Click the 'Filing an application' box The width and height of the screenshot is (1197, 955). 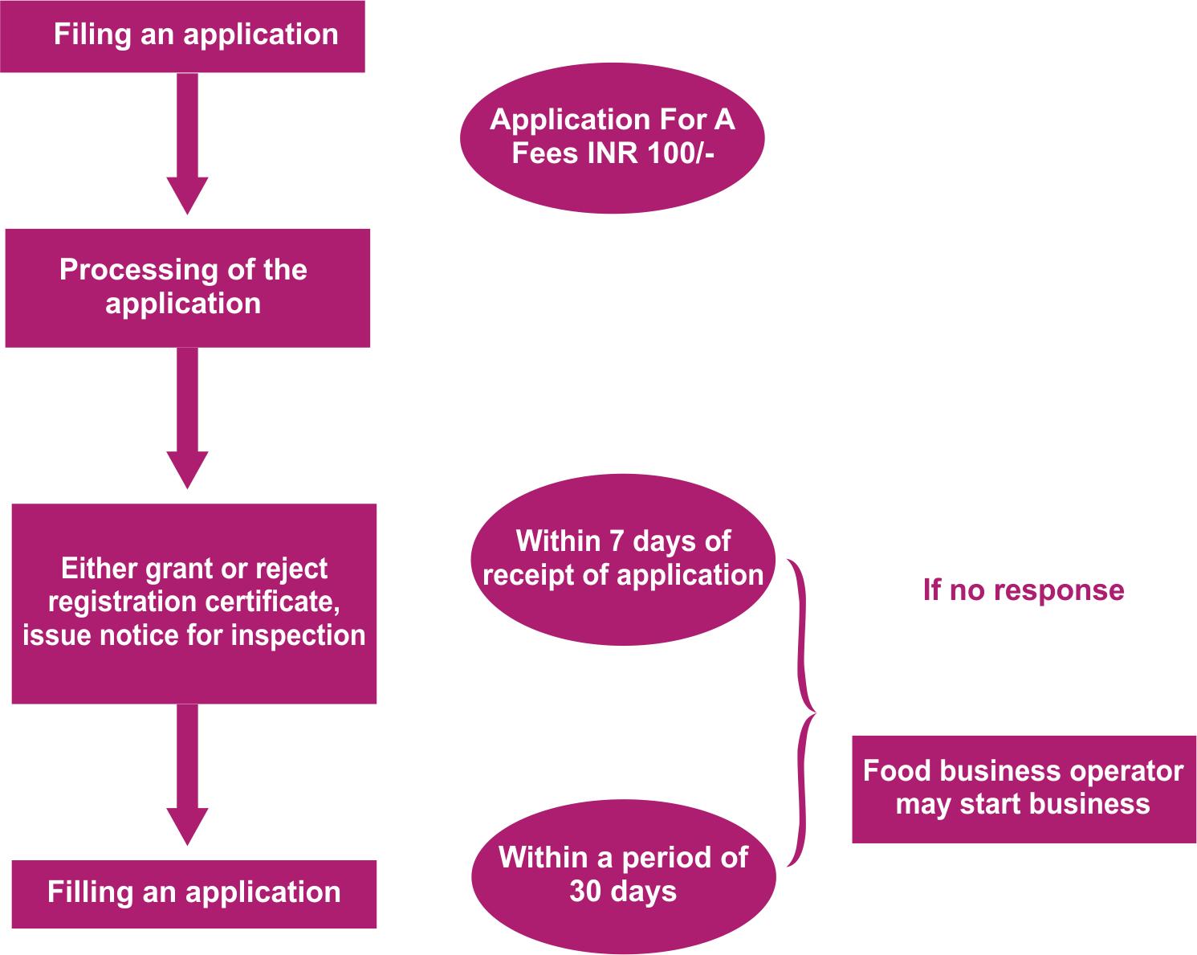[x=182, y=36]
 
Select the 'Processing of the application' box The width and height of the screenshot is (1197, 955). [x=187, y=288]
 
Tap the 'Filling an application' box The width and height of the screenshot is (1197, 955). [x=193, y=894]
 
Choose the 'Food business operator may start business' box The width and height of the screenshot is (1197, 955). [x=1024, y=788]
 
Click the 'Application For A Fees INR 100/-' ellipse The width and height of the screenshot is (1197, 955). [x=612, y=137]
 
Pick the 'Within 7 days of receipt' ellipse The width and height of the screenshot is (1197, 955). [x=622, y=559]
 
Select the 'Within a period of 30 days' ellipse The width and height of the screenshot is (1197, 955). [x=623, y=875]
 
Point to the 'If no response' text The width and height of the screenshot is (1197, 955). [x=1024, y=590]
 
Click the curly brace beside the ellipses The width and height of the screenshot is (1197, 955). [x=802, y=712]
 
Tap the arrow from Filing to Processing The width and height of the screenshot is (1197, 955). [x=187, y=145]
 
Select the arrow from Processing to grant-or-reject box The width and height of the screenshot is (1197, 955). [x=187, y=418]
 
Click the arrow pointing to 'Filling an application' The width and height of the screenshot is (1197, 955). [x=187, y=775]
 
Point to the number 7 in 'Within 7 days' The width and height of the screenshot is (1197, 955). [x=616, y=541]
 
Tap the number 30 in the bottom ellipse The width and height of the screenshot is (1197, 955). [x=584, y=892]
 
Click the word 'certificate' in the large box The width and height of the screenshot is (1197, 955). [x=279, y=602]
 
